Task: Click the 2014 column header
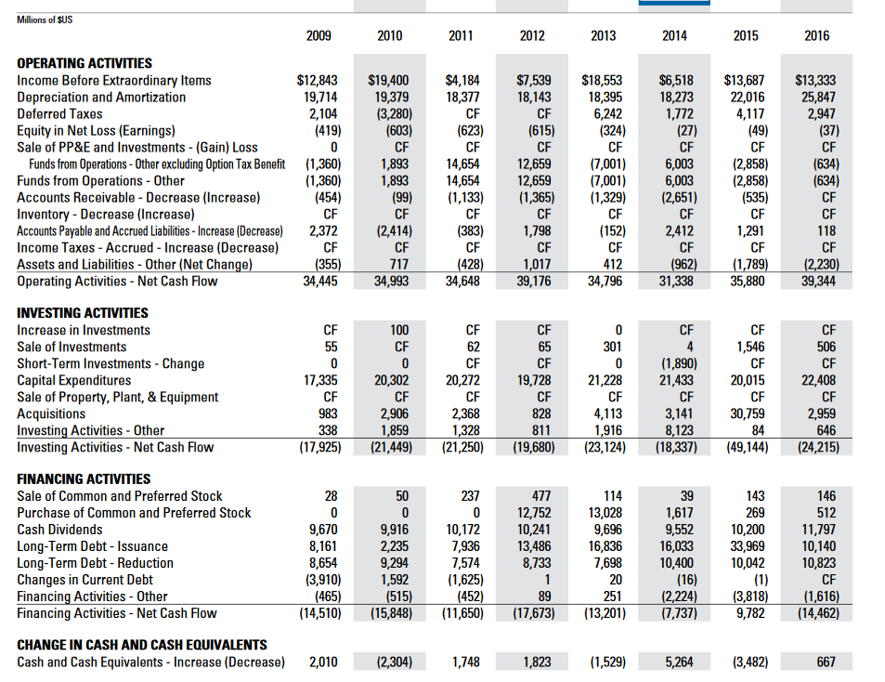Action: [674, 36]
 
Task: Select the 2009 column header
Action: [319, 36]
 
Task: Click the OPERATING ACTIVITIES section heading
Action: [85, 63]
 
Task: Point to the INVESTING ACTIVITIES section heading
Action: [82, 313]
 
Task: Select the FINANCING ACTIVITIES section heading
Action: [84, 479]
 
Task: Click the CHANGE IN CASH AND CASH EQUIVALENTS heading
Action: [142, 645]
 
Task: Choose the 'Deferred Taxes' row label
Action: [59, 113]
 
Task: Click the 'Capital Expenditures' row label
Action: [74, 380]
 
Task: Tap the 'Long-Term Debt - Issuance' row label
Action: [93, 546]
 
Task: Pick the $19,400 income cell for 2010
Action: [389, 80]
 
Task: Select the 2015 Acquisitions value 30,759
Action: [745, 413]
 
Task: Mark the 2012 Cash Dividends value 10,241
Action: [531, 530]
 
